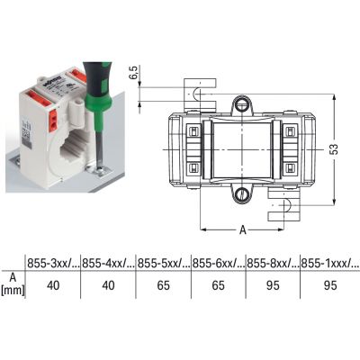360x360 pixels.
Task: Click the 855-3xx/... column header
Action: (53, 263)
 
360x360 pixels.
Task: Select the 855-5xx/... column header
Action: (164, 263)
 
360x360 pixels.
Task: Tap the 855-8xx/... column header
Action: (273, 263)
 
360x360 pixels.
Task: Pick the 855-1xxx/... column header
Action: (330, 263)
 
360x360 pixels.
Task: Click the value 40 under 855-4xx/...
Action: (108, 285)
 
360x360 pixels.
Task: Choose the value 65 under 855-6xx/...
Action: (218, 285)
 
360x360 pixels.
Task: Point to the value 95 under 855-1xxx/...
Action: (330, 285)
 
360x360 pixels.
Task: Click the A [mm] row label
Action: (13, 284)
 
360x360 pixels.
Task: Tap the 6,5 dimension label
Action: (134, 73)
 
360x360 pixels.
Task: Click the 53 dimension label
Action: (334, 149)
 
